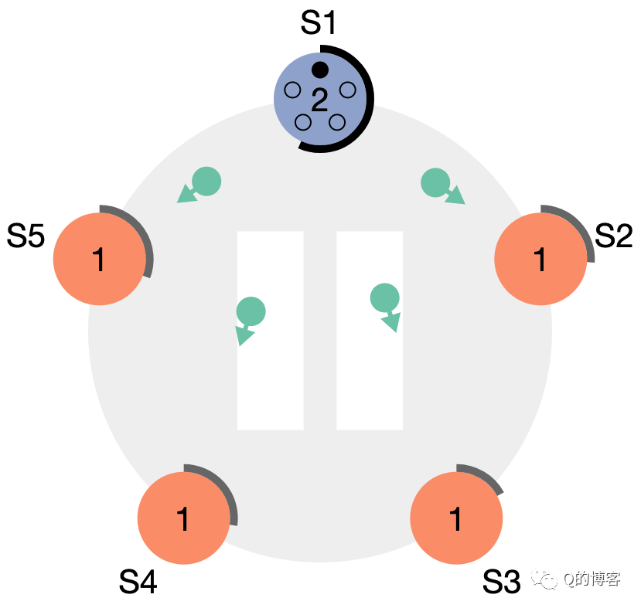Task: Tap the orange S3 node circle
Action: [x=456, y=518]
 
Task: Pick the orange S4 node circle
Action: [x=183, y=518]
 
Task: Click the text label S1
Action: [x=319, y=24]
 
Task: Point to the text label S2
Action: [x=614, y=236]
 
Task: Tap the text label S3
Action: [x=502, y=582]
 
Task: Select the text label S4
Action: [x=138, y=582]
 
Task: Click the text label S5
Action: [x=26, y=236]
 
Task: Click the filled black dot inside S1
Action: [x=320, y=70]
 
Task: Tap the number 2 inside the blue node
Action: [x=319, y=99]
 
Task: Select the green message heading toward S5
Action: [x=206, y=181]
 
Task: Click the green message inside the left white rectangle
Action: [x=251, y=311]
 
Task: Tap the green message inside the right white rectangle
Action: [x=384, y=297]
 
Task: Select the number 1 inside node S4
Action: [x=183, y=519]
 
